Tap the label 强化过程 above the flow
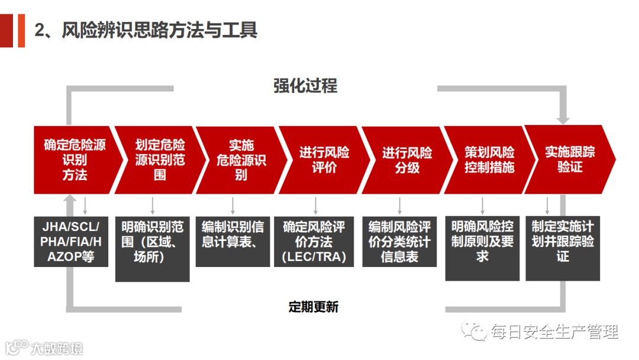coord(305,86)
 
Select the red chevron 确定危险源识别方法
coord(75,159)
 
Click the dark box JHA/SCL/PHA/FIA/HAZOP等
coord(71,242)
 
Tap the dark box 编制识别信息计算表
coord(233,242)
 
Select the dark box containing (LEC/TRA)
coord(314,242)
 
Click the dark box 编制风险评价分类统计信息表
coord(399,242)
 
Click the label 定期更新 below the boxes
coord(314,307)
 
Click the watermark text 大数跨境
coord(57,348)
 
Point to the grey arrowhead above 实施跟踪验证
coord(563,120)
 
